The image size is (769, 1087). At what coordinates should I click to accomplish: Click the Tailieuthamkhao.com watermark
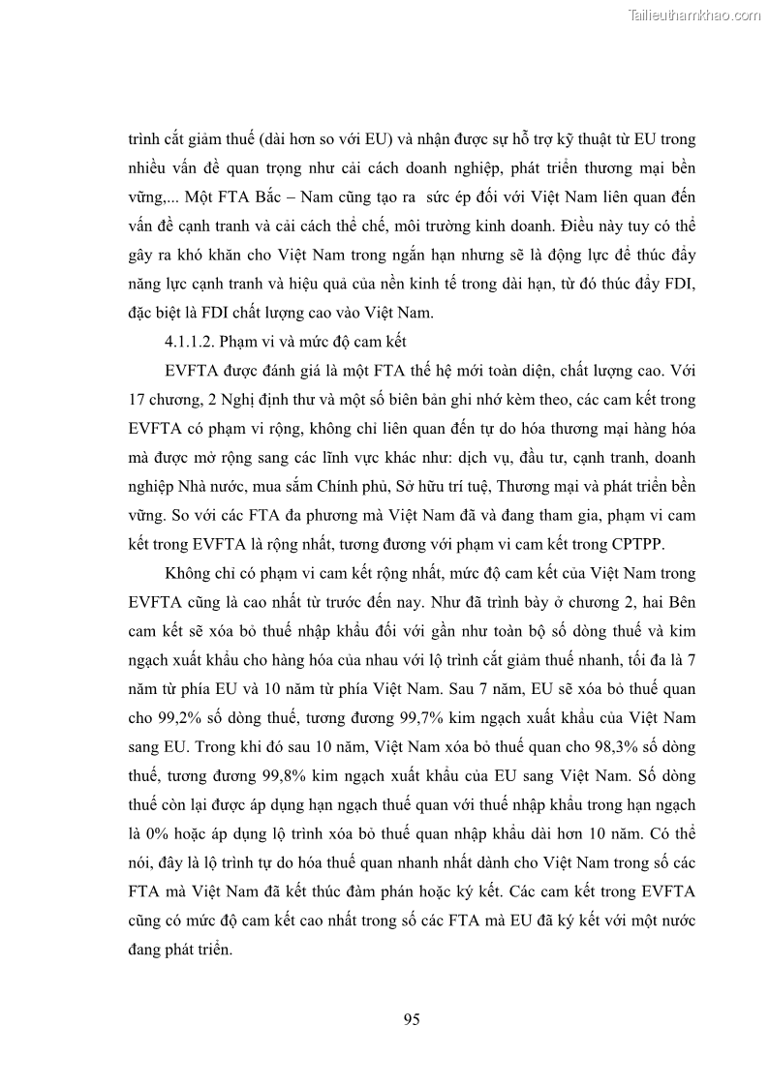(x=694, y=15)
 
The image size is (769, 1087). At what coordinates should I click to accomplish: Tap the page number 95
(x=411, y=1018)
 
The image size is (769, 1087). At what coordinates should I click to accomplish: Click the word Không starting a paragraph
(x=193, y=572)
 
